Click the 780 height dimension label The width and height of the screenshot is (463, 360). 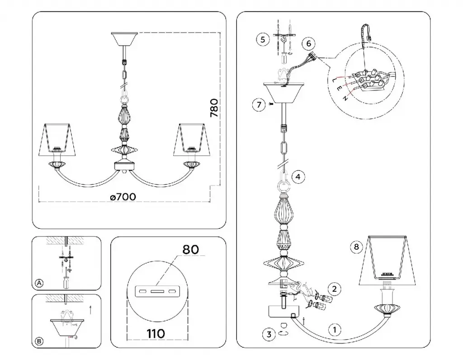point(214,108)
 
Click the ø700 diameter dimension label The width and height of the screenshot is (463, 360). point(123,197)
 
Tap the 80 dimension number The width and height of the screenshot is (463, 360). point(190,250)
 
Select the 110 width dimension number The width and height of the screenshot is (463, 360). point(156,333)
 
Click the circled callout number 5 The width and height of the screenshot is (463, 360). point(263,39)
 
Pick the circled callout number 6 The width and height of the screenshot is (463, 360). point(308,44)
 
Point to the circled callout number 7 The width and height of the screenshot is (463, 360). point(259,104)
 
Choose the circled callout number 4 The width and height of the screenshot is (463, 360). point(298,177)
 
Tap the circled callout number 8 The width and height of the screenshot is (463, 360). point(356,246)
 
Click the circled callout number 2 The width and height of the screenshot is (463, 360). point(334,289)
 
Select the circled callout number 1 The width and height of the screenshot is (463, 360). point(335,330)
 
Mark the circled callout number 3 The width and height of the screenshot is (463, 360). point(269,334)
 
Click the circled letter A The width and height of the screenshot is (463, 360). point(39,283)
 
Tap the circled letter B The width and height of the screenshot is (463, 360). point(39,341)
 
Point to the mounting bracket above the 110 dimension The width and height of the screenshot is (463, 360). point(157,291)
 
